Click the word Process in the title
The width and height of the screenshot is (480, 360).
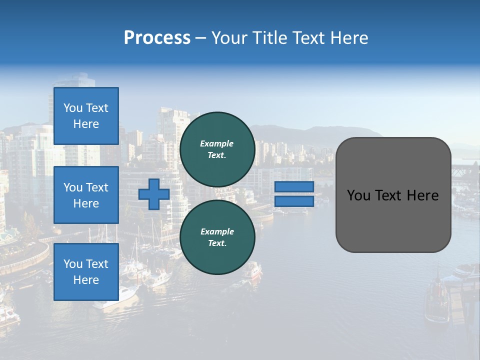tap(157, 38)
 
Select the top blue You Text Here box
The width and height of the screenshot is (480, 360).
tap(86, 116)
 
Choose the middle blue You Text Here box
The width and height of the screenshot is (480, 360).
tap(86, 195)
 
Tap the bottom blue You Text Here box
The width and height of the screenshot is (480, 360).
tap(86, 272)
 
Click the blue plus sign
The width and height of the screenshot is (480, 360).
tap(154, 194)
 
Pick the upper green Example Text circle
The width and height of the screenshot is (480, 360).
tap(217, 149)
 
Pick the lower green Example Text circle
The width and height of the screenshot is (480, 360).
tap(217, 237)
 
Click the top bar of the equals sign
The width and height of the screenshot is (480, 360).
tap(294, 186)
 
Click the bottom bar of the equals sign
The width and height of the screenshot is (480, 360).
tap(294, 201)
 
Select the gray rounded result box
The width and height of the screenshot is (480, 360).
tap(393, 194)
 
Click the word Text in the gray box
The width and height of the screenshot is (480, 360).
tap(388, 195)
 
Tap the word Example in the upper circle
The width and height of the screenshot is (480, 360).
tap(217, 143)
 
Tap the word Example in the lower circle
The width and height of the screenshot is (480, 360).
tap(217, 231)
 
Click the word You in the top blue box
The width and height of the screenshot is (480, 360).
tap(73, 108)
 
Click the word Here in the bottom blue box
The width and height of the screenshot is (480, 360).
tap(86, 280)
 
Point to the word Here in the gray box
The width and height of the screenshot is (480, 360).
tap(422, 195)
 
